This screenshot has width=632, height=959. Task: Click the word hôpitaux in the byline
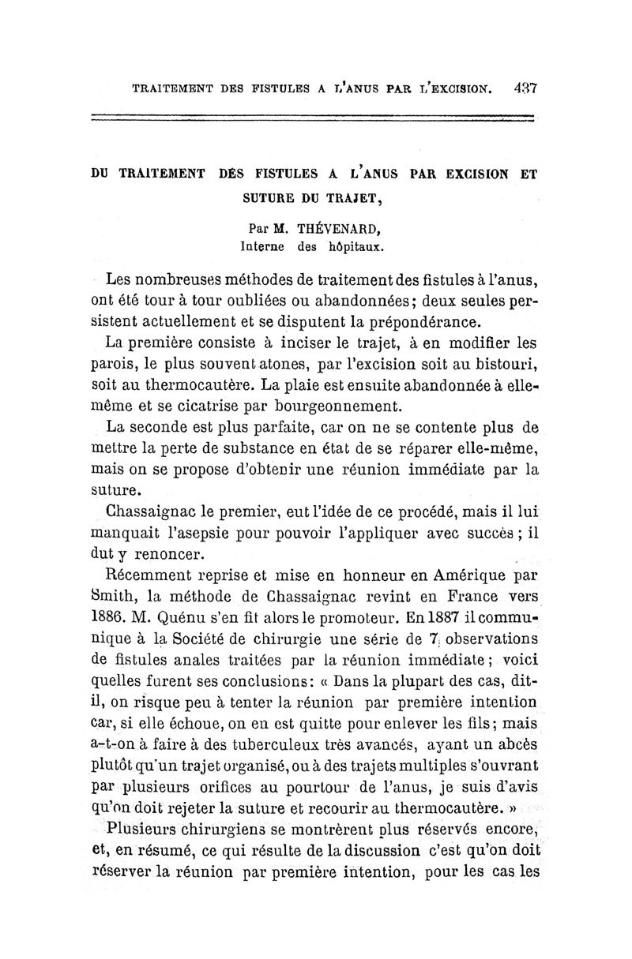[x=352, y=246]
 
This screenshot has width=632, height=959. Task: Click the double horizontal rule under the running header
[x=313, y=119]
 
